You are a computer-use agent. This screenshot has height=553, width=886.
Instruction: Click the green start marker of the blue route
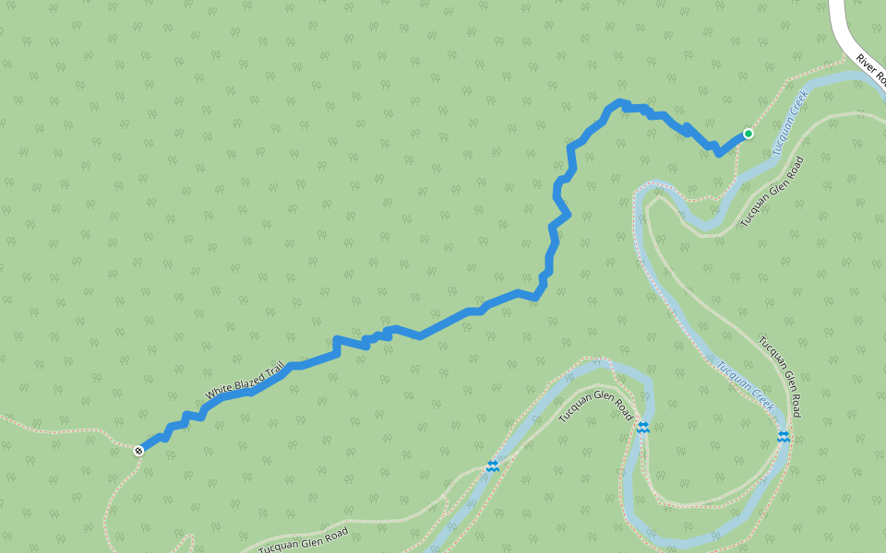tap(748, 134)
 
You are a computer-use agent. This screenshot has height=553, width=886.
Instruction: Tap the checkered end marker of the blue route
tap(138, 451)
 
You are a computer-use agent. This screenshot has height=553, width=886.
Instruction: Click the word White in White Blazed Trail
tap(220, 392)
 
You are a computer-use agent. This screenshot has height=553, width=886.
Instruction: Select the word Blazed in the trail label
tap(247, 381)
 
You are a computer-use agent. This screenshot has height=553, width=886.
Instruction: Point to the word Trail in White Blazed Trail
tap(274, 371)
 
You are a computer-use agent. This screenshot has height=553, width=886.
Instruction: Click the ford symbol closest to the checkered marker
tap(492, 466)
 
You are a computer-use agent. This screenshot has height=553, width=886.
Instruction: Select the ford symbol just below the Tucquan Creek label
tap(783, 436)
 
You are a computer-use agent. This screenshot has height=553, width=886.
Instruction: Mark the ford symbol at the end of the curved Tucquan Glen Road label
tap(642, 428)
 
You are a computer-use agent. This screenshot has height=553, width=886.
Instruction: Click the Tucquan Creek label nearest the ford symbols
tap(746, 383)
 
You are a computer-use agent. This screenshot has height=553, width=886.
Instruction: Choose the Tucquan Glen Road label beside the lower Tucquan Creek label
tap(781, 376)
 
